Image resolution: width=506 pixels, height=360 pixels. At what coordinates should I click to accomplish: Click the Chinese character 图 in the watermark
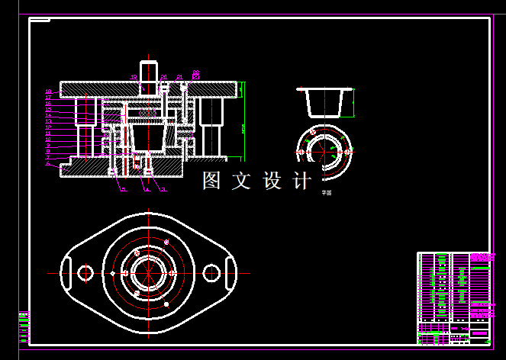(x=211, y=181)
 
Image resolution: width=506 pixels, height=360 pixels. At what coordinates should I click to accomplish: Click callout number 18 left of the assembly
(x=48, y=92)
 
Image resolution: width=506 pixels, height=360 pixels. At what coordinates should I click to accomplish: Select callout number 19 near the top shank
(x=133, y=77)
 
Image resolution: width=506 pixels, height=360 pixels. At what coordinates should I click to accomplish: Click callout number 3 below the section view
(x=163, y=190)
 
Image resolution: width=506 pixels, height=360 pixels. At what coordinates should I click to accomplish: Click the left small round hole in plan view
(x=85, y=272)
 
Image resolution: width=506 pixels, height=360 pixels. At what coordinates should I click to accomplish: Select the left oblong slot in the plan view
(x=66, y=272)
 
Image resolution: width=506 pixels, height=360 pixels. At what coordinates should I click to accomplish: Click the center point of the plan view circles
(x=147, y=272)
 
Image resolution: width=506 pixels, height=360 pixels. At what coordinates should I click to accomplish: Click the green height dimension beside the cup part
(x=354, y=103)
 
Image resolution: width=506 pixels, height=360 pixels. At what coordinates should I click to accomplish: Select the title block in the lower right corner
(x=453, y=297)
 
